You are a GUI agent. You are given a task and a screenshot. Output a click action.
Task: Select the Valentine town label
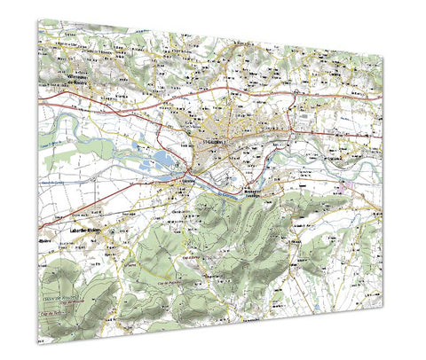[x=188, y=180]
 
